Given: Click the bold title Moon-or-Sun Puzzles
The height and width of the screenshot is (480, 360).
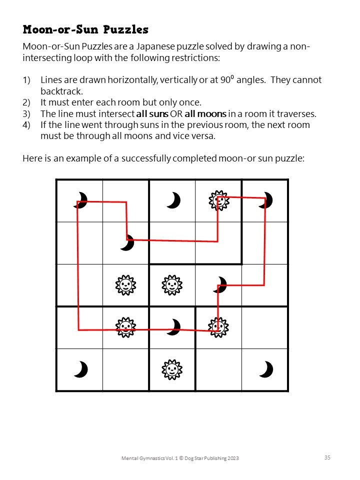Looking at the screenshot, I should click(85, 29).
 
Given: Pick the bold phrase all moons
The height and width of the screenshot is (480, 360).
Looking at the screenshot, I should click(205, 113).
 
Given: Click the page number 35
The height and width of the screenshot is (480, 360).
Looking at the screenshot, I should click(327, 457).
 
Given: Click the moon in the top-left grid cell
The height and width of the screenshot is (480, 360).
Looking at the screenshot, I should click(80, 200).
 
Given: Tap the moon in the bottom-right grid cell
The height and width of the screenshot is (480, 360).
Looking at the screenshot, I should click(266, 370).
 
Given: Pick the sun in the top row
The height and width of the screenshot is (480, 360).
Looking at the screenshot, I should click(218, 200).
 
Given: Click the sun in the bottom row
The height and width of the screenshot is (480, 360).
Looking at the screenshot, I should click(171, 370).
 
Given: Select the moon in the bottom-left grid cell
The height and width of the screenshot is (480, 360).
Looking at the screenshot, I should click(80, 370).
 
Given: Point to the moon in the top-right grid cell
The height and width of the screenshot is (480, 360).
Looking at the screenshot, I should click(266, 200).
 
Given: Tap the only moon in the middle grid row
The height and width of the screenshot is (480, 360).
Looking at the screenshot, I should click(220, 285).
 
